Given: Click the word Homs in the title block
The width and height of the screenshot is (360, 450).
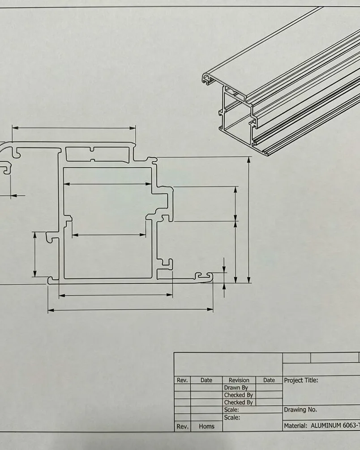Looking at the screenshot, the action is pos(206,426).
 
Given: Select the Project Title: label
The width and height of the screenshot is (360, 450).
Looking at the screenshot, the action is pos(301,380).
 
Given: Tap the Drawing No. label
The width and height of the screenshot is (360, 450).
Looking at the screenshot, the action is pos(300,410).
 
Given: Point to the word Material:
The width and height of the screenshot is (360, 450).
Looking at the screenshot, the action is pos(296,426).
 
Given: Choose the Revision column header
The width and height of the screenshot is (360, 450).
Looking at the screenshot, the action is pos(239,380).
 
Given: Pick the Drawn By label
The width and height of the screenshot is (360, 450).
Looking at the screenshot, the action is pos(236,387).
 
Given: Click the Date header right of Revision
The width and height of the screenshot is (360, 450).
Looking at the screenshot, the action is pos(269,380).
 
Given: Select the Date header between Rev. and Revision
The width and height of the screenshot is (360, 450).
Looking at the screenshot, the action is pos(206,380).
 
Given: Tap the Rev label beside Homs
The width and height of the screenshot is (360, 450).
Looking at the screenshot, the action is pos(182,426).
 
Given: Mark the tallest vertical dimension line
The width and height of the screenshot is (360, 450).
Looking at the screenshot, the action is pos(249,220).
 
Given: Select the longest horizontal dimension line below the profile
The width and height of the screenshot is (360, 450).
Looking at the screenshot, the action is pos(130,310).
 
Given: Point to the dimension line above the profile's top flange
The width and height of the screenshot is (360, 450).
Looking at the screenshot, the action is pos(74,128).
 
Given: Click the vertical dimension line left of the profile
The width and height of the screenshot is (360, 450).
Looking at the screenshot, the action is pos(34,254).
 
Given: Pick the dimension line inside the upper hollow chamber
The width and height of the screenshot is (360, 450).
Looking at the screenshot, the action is pos(107,184).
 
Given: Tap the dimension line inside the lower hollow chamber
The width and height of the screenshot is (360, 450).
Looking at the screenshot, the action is pos(109,235).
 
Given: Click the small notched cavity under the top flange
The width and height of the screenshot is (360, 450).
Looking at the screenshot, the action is pos(98,154).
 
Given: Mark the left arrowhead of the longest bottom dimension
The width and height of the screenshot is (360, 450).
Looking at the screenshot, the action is pos(51,310).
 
